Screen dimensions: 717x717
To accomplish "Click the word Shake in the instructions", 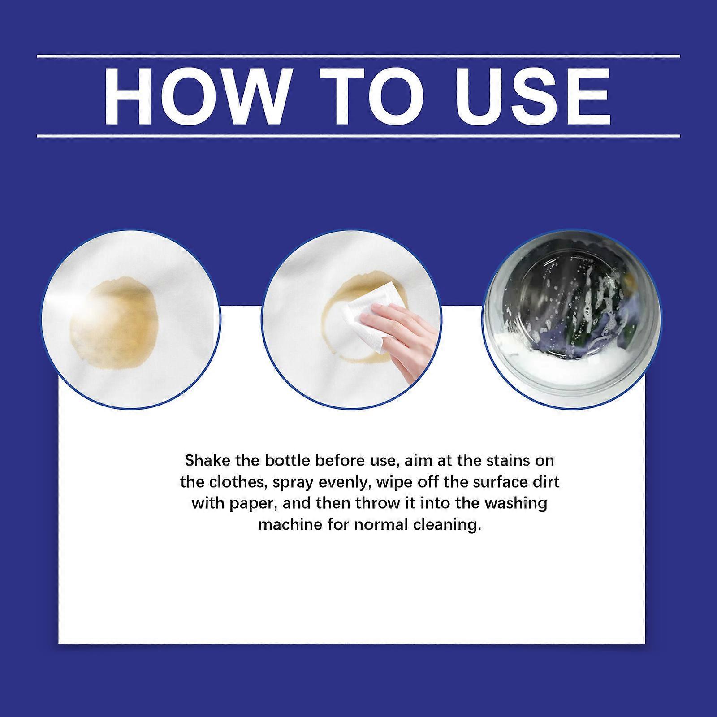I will (207, 460).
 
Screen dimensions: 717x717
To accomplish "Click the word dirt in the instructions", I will (545, 482).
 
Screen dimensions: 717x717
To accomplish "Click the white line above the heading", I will (358, 56).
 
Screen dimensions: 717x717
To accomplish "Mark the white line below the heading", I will (358, 135).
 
